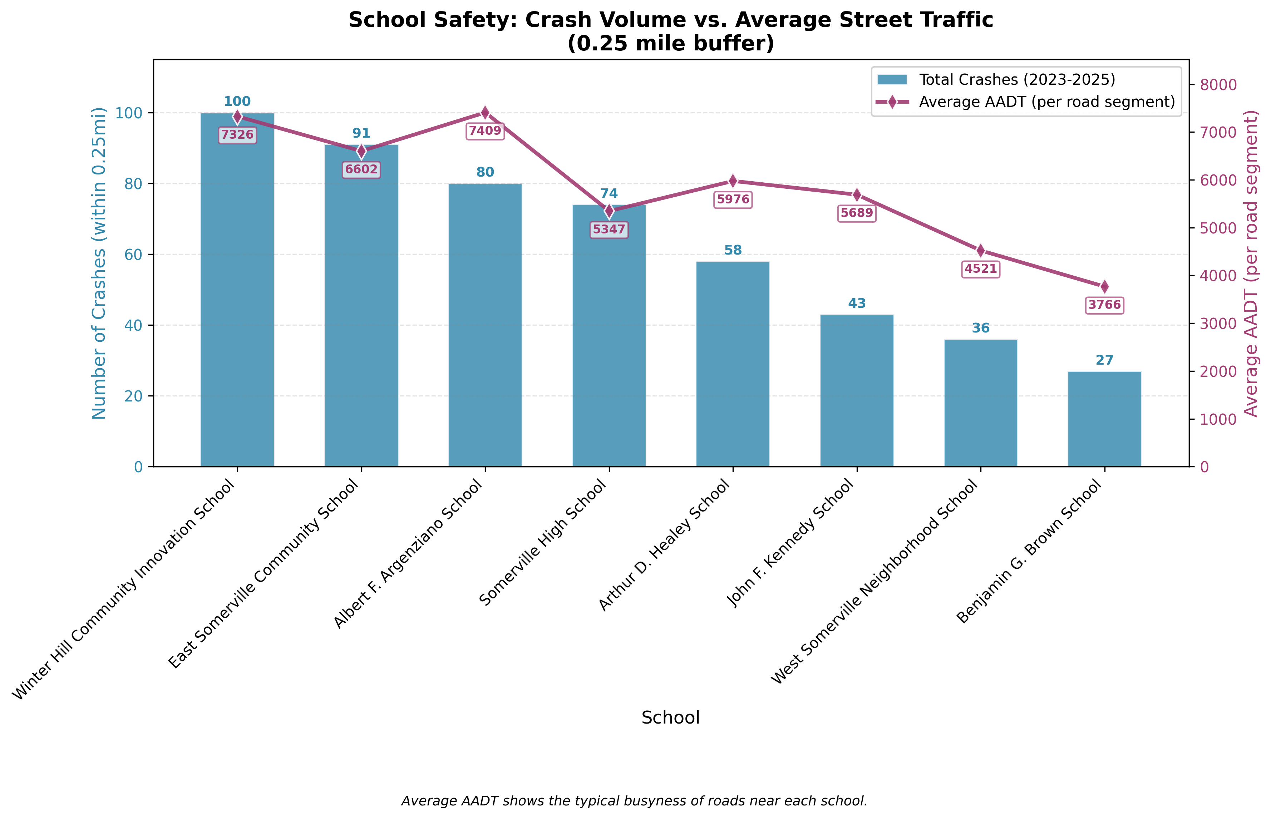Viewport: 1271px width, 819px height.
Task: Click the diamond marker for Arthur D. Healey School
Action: (x=733, y=181)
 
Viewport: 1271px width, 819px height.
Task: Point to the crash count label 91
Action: (x=361, y=133)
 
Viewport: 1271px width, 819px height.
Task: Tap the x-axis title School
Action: (x=670, y=718)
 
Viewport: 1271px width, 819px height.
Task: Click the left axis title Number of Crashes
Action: (x=99, y=263)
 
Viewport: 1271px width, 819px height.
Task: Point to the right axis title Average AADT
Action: (x=1251, y=263)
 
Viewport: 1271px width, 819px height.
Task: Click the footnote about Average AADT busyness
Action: (x=634, y=801)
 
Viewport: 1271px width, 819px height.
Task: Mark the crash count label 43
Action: (x=857, y=304)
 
